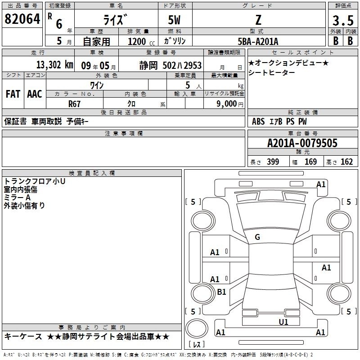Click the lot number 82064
pos(22,19)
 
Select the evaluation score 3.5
pos(343,20)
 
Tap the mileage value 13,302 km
pos(54,65)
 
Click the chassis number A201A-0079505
pos(302,143)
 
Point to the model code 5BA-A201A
pos(258,41)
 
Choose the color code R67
pos(74,104)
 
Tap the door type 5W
pos(174,20)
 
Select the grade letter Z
pos(258,20)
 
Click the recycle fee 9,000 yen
pos(230,104)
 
